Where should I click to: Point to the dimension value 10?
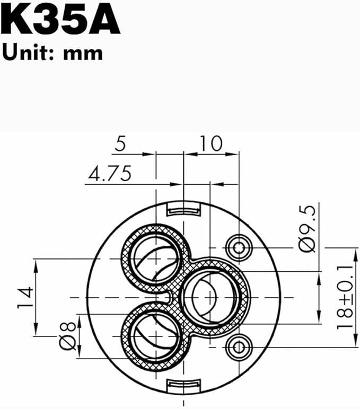coord(211,144)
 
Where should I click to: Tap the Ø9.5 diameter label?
coord(308,228)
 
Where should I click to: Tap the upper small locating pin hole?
coord(237,245)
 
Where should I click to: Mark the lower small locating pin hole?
coord(237,347)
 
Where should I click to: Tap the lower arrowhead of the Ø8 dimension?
coord(79,354)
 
